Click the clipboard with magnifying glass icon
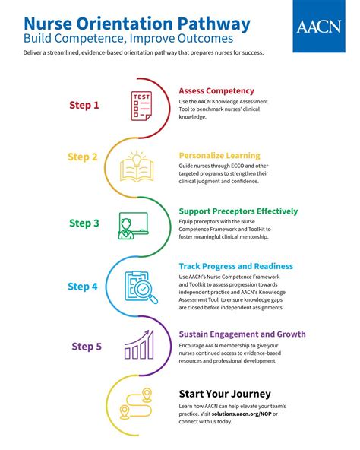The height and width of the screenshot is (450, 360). coord(139,287)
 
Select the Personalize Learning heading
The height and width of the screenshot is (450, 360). coord(219,156)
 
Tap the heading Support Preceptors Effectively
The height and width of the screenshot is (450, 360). coord(238,211)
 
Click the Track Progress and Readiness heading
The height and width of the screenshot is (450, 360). coord(235,266)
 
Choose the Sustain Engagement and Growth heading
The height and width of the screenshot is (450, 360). coord(242,334)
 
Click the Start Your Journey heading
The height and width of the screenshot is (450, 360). coord(225,393)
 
